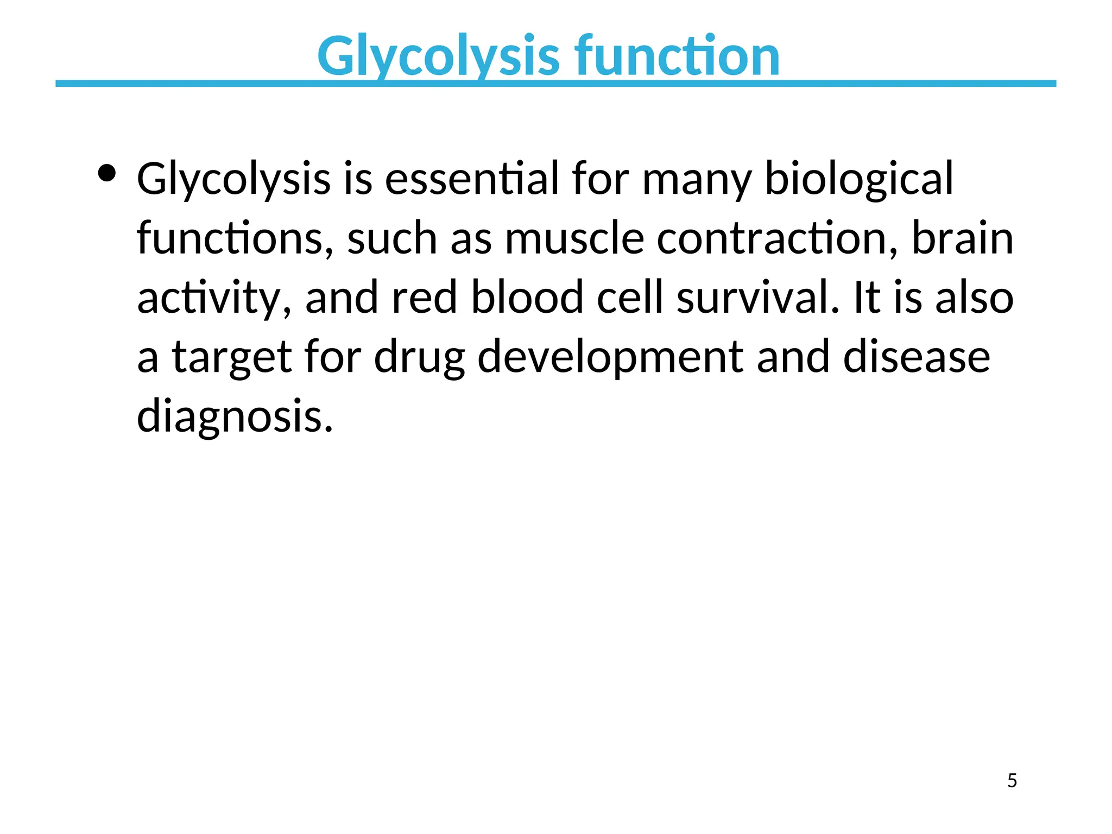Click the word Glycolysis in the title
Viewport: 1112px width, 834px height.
click(438, 56)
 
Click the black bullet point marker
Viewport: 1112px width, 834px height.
click(107, 174)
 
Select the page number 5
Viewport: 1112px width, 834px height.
click(1012, 781)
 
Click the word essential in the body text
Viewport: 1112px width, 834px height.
click(472, 179)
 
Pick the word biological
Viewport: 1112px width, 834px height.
click(858, 179)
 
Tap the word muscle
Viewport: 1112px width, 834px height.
click(574, 238)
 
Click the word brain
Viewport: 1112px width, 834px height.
click(962, 238)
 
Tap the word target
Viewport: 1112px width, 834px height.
click(232, 358)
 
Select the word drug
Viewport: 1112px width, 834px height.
click(419, 358)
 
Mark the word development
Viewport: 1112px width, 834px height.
click(610, 358)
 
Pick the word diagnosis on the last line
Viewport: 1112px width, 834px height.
click(234, 416)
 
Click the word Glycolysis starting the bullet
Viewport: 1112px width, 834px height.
click(233, 179)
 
